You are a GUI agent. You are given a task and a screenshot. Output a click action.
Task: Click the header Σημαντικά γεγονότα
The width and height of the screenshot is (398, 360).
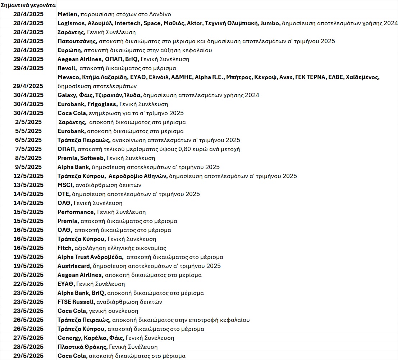pos(28,5)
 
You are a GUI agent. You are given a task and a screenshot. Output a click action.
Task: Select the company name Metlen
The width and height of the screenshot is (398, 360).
pos(68,14)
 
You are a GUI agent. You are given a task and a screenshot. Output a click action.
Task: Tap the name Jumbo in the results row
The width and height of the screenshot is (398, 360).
pos(271,23)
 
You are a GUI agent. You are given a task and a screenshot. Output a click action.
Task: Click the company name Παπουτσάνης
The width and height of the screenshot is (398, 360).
pos(77,41)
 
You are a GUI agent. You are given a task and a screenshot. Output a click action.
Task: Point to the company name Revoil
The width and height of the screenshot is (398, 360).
pos(67,68)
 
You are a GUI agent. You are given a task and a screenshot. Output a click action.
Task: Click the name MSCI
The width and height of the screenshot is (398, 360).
pos(65,185)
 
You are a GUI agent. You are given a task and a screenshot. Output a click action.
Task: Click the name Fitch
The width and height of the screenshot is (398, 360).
pos(65,248)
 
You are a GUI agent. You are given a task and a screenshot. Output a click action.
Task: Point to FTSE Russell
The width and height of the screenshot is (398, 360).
pos(76,302)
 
